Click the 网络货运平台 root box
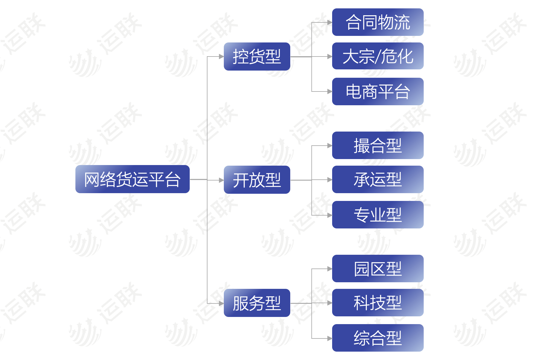[x=133, y=179]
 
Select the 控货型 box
[x=257, y=57]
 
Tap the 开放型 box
[x=257, y=180]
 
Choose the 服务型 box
[x=257, y=303]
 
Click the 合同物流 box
[x=378, y=22]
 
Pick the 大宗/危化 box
[x=378, y=56]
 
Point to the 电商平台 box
[x=378, y=91]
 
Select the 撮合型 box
[x=378, y=145]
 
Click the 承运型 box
[x=378, y=179]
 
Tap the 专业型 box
[x=378, y=215]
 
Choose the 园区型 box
[x=378, y=269]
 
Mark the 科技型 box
[x=378, y=303]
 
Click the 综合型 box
[x=378, y=338]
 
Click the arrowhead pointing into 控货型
[x=221, y=57]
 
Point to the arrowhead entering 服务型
[x=221, y=303]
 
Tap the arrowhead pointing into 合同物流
[x=330, y=22]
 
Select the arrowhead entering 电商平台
[x=330, y=91]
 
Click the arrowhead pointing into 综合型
[x=330, y=338]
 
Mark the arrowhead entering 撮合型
[x=330, y=146]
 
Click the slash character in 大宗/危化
[x=378, y=57]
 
